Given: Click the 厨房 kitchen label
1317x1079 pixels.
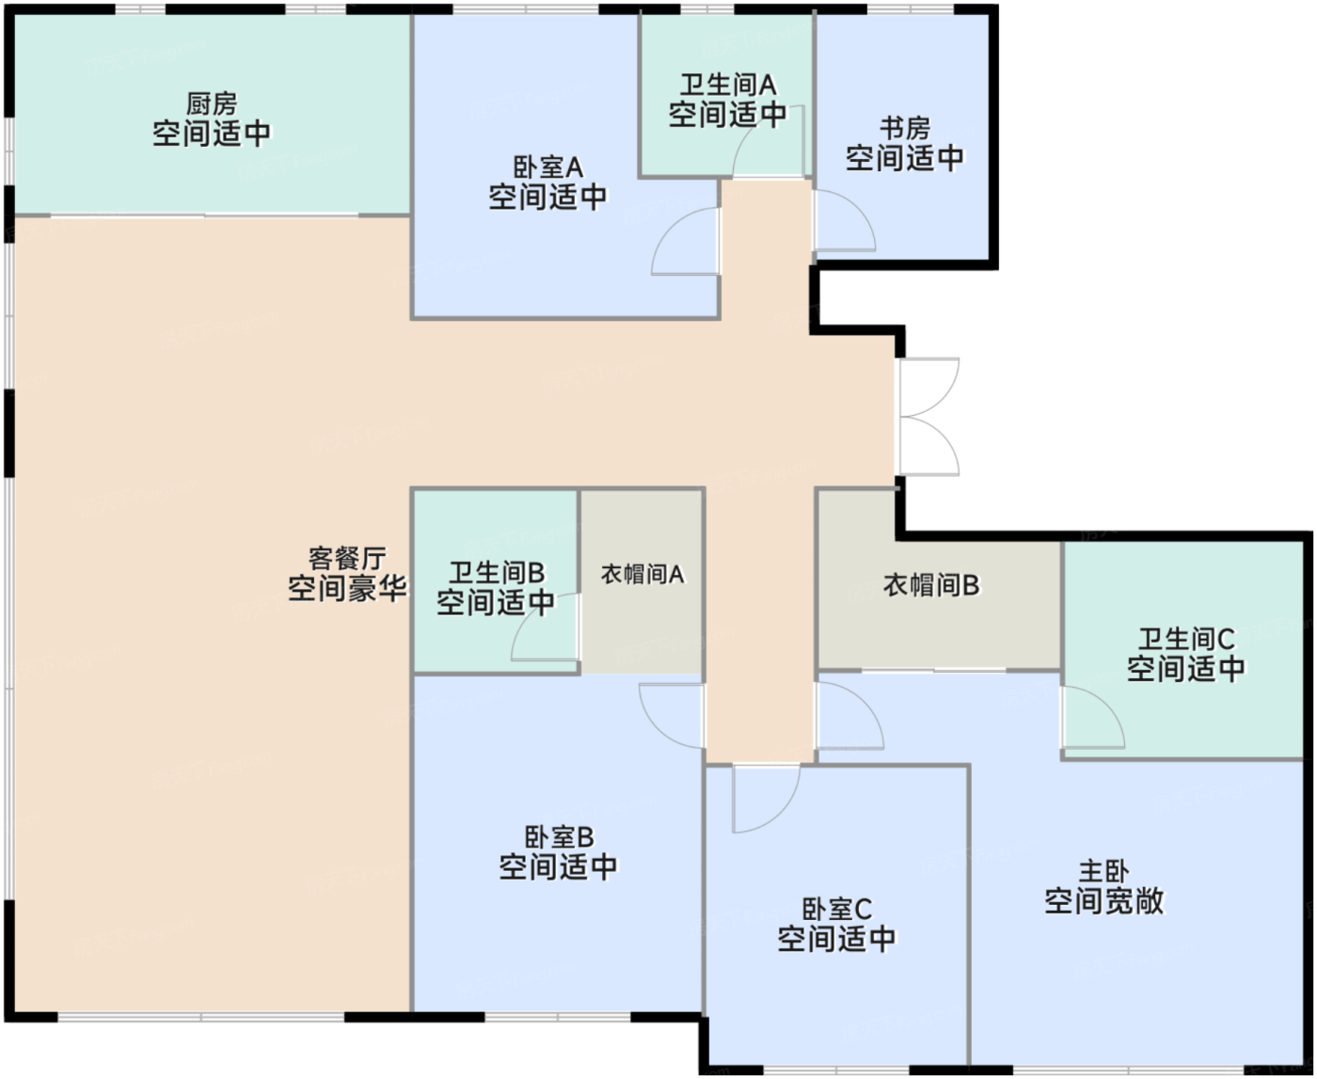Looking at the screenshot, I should (x=212, y=103).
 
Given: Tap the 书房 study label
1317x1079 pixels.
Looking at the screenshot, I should (x=905, y=128).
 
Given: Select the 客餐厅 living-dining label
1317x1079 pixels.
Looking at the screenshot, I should (x=347, y=559).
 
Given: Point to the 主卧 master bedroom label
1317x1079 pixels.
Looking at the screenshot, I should (x=1103, y=871).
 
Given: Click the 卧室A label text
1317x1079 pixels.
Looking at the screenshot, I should (x=547, y=168).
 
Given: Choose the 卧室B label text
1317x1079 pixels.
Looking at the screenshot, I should (x=559, y=837).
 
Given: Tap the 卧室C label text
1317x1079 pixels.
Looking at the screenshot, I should (x=836, y=910).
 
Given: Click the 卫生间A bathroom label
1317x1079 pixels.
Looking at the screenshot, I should (x=728, y=86).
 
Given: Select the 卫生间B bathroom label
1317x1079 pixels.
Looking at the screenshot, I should (x=496, y=573).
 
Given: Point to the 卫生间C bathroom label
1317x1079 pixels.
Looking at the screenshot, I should (x=1186, y=640).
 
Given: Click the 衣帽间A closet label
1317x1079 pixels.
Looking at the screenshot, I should (x=643, y=574).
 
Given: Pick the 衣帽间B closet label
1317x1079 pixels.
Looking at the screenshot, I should (x=931, y=585).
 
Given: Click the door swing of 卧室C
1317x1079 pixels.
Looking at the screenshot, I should (x=764, y=798).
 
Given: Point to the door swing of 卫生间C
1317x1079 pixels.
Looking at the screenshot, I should (x=1092, y=718).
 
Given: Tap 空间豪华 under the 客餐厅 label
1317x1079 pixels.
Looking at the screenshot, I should (x=347, y=590).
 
